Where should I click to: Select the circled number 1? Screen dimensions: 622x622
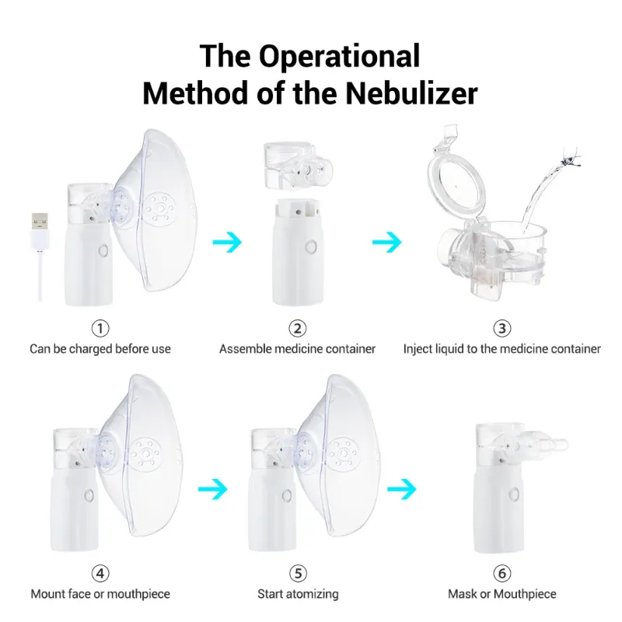(100, 328)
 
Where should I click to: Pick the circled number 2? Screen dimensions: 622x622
(297, 328)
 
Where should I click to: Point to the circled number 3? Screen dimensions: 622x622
(502, 328)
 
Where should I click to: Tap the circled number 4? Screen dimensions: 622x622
(100, 574)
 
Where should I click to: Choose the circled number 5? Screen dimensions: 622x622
(298, 574)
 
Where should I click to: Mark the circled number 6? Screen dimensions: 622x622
(502, 574)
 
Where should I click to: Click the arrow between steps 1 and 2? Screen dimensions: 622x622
(227, 242)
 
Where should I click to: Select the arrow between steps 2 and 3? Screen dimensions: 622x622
(386, 242)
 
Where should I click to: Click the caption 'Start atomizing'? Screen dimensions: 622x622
(298, 594)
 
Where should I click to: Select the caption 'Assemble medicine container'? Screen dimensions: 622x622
(297, 349)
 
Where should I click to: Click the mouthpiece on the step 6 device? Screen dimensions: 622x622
(544, 444)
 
